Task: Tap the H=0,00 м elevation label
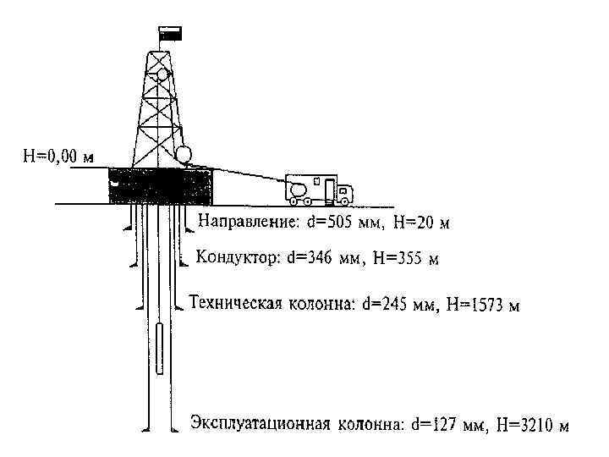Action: tap(58, 157)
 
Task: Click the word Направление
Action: tap(246, 223)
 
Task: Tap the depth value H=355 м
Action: tap(405, 257)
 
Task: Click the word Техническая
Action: tap(234, 303)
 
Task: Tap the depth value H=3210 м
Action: tap(533, 424)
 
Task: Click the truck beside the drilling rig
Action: tap(317, 190)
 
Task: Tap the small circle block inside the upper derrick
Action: tap(163, 74)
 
